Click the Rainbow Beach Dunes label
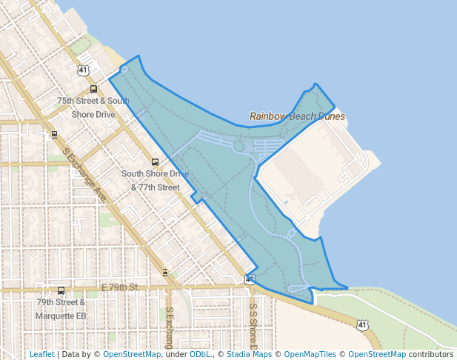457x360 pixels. pos(297,116)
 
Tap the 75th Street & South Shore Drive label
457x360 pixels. pos(93,107)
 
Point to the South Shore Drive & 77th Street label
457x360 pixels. pos(155,180)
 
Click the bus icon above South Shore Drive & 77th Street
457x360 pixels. pos(155,161)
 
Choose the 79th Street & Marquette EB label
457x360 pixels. pos(61,309)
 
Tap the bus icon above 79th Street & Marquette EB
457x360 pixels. pos(61,291)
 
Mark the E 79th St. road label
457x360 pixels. pos(120,286)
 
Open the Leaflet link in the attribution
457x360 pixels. pos(41,354)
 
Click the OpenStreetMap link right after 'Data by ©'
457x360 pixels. pos(132,354)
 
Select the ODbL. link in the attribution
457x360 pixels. pos(200,354)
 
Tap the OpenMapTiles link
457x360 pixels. pos(310,354)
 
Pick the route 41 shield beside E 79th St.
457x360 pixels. pos(250,280)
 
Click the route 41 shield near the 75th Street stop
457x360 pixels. pos(82,70)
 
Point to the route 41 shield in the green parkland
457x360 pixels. pos(361,324)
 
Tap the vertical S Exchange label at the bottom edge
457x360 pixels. pos(169,327)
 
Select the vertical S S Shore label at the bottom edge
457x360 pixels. pos(253,326)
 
